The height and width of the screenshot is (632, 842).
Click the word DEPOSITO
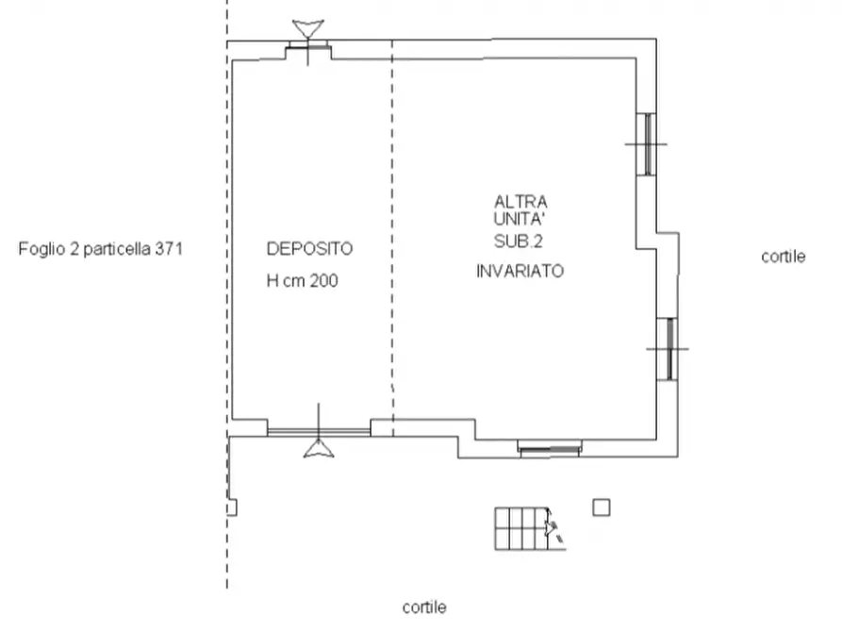tap(309, 250)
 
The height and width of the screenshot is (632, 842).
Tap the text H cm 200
tap(302, 281)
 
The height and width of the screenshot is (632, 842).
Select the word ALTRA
tap(520, 201)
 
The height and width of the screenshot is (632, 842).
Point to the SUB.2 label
tap(518, 240)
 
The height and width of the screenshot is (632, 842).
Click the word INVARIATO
tap(520, 271)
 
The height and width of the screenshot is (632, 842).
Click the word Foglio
tap(41, 250)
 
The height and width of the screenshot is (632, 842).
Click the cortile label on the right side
tap(783, 256)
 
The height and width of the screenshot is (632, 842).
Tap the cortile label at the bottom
tap(423, 607)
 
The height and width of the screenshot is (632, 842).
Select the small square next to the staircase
tap(601, 507)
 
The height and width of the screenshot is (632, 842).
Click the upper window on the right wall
tap(648, 144)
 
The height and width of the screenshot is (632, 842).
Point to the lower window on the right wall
tap(669, 348)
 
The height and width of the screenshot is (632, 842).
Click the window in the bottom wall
tap(550, 448)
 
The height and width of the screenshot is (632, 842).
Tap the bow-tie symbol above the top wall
tap(308, 28)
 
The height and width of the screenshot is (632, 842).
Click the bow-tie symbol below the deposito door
tap(319, 449)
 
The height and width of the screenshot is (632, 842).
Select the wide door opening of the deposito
tap(319, 431)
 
